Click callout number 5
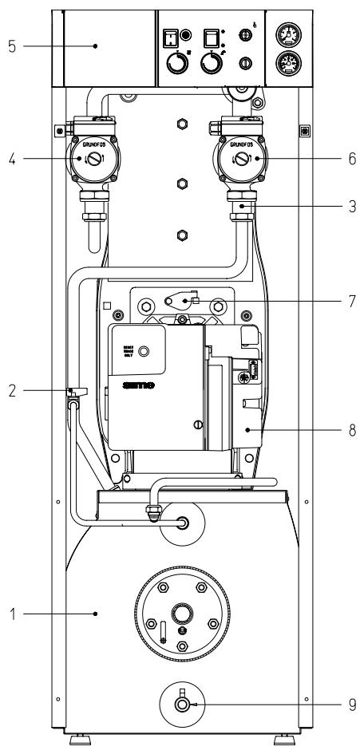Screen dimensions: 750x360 (12, 45)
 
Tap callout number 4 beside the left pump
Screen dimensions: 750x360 (12, 159)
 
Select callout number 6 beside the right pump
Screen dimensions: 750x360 (351, 159)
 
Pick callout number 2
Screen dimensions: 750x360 (12, 392)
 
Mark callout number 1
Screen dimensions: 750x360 (12, 614)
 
